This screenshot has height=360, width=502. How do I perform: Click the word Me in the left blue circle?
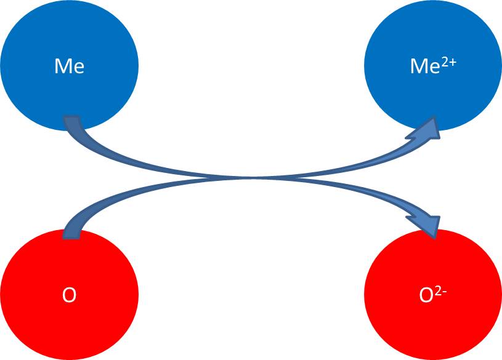click(x=69, y=66)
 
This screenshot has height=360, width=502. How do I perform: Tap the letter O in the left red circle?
click(x=69, y=296)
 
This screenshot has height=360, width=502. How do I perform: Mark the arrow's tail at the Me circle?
click(x=73, y=122)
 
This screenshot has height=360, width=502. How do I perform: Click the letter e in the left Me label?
click(x=78, y=68)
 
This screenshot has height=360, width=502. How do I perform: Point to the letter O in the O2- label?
click(x=426, y=296)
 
